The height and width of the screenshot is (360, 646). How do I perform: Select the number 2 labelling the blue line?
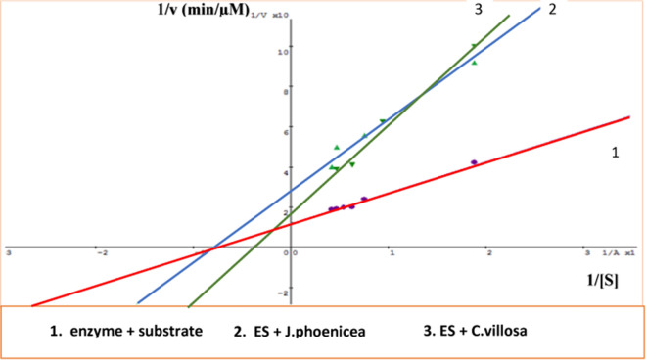tap(578, 10)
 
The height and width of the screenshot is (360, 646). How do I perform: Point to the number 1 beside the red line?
tap(616, 153)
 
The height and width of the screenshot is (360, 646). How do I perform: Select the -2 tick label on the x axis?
tap(100, 252)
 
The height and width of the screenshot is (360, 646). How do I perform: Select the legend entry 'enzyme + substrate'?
tap(125, 331)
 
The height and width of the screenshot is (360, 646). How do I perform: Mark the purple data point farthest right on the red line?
tap(474, 162)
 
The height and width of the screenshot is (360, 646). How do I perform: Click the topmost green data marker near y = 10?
tap(474, 46)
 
